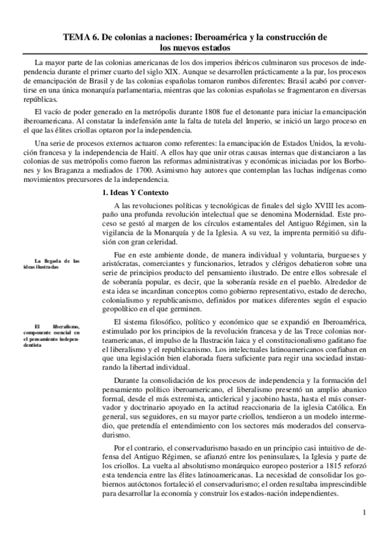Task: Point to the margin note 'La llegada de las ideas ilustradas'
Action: click(x=57, y=263)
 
